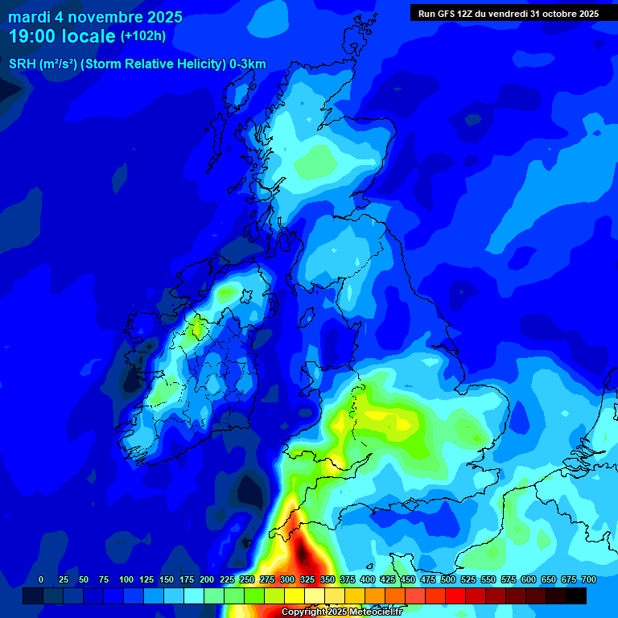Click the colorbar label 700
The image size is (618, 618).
click(588, 579)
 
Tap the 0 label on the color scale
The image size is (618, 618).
click(41, 579)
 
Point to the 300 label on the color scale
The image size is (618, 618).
click(287, 579)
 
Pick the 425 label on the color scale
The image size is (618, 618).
click(388, 579)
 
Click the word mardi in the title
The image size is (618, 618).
click(29, 17)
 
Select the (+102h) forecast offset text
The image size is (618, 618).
click(144, 36)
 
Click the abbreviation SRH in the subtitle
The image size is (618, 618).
click(22, 64)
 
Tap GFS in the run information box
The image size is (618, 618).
click(447, 14)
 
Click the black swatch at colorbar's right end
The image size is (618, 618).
click(576, 595)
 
